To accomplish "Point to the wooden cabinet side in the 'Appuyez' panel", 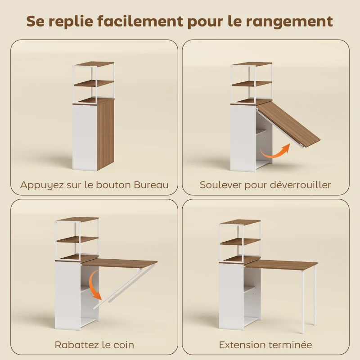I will pos(105,135).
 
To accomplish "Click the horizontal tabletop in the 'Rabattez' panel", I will pos(119,263).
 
